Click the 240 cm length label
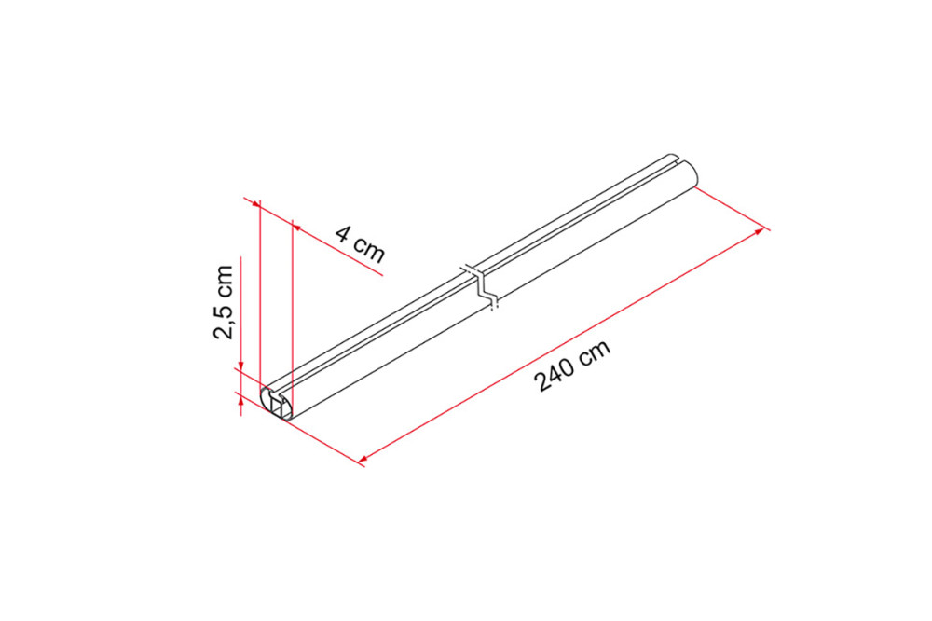click(573, 366)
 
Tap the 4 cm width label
click(360, 243)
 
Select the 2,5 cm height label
click(224, 303)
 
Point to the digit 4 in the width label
click(344, 233)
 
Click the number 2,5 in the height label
click(224, 321)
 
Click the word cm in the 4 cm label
click(371, 249)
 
